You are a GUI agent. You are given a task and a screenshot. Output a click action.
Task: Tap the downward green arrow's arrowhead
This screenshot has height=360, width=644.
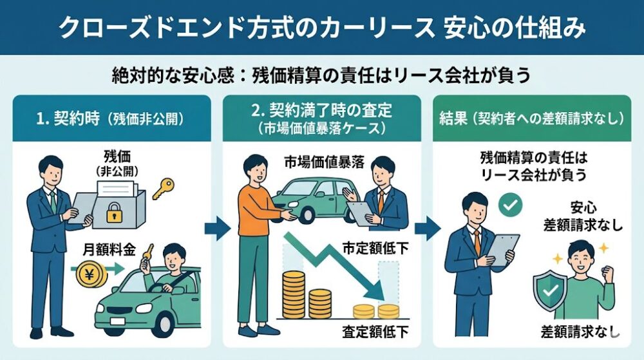pos(377,289)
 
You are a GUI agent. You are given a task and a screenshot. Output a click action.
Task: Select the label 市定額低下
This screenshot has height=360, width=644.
pos(377,249)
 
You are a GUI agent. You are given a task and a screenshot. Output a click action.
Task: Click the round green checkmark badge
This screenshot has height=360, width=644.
pos(510,206)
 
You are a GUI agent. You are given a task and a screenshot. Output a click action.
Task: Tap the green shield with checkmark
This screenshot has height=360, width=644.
pos(549,290)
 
